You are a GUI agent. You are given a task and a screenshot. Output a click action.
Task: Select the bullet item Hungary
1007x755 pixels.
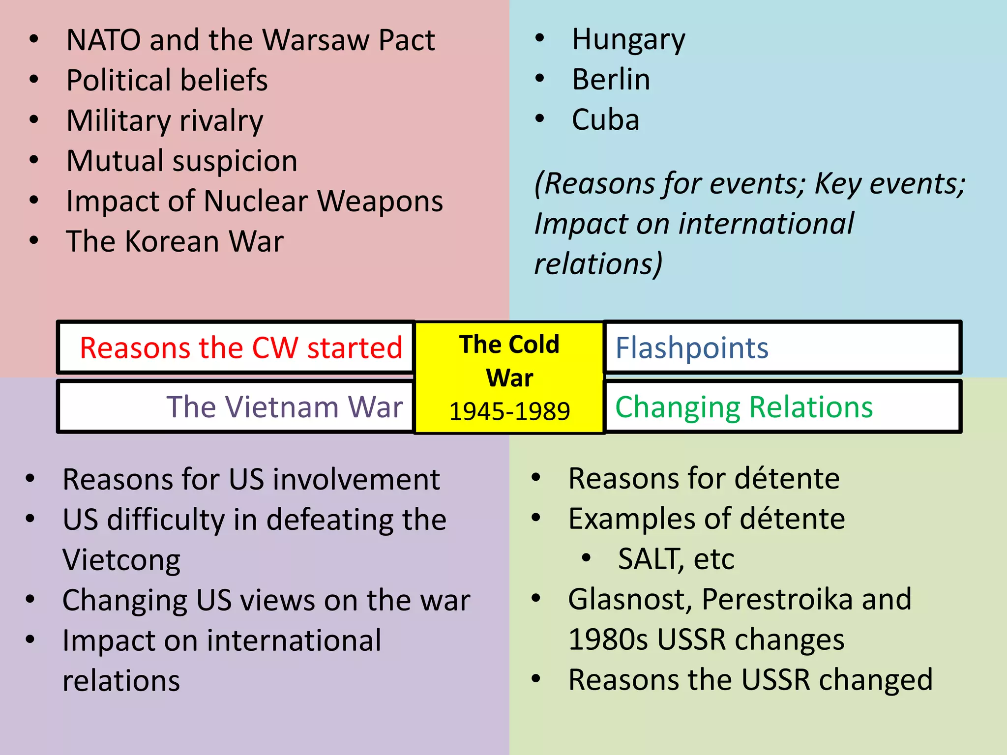(628, 40)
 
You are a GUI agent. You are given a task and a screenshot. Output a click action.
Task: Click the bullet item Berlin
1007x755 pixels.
(611, 80)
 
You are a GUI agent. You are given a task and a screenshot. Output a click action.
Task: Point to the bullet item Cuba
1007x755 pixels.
(605, 120)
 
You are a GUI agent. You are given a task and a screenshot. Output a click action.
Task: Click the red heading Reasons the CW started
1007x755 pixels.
(241, 348)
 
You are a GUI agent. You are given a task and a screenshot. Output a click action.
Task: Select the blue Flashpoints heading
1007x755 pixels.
(692, 348)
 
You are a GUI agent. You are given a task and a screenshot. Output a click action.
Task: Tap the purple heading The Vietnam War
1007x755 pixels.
(285, 407)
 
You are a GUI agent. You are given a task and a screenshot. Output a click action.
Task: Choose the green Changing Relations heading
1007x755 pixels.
(744, 407)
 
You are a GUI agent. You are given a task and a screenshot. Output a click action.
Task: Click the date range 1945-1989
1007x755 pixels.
(509, 411)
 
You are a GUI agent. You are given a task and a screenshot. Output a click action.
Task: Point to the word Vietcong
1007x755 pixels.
(121, 560)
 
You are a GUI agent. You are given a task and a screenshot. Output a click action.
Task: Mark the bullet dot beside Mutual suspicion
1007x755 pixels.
(34, 160)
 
